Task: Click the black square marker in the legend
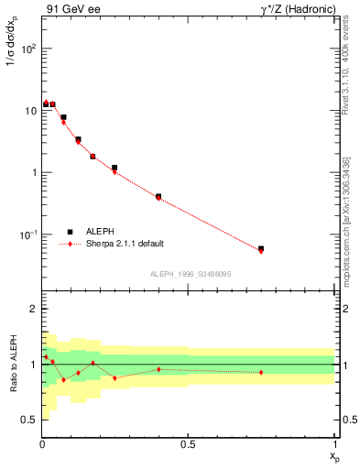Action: [69, 232]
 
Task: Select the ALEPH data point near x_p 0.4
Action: [158, 196]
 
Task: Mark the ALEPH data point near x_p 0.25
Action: [115, 168]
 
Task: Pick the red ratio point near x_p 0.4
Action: [158, 369]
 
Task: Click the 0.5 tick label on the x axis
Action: [188, 444]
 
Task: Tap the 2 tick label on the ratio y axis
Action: [33, 310]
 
